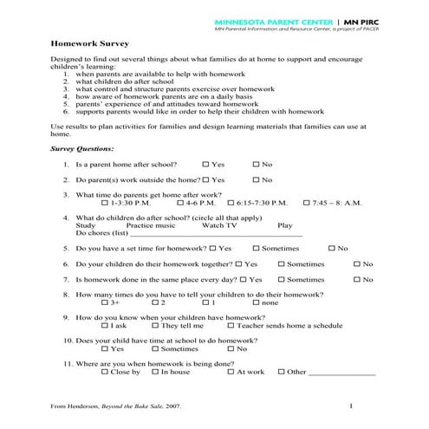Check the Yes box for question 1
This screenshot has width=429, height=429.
(x=205, y=164)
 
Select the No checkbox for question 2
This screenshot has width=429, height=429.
(x=257, y=179)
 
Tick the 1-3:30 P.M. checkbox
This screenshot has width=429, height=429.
(x=105, y=202)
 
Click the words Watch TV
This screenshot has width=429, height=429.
(x=219, y=225)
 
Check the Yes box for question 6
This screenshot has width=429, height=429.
(x=239, y=263)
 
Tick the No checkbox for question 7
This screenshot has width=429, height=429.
(x=357, y=280)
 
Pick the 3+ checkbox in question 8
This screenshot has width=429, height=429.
(x=105, y=303)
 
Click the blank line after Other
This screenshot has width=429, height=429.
(x=342, y=374)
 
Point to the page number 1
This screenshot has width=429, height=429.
(x=351, y=406)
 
